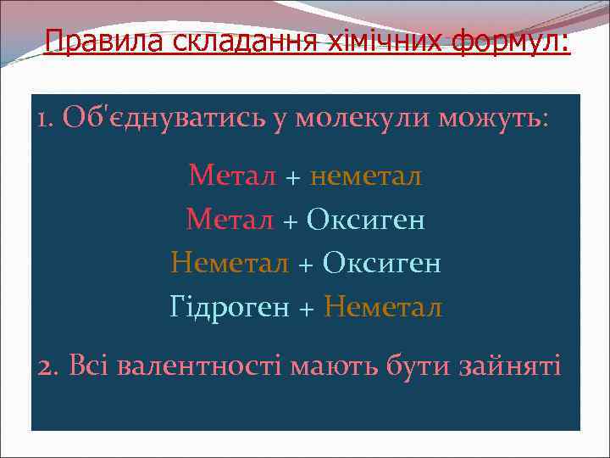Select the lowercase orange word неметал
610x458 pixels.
[x=367, y=176]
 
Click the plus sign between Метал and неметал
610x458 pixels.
[x=293, y=177]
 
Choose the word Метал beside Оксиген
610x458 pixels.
[x=230, y=221]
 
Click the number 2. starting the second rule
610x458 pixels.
[x=47, y=367]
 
